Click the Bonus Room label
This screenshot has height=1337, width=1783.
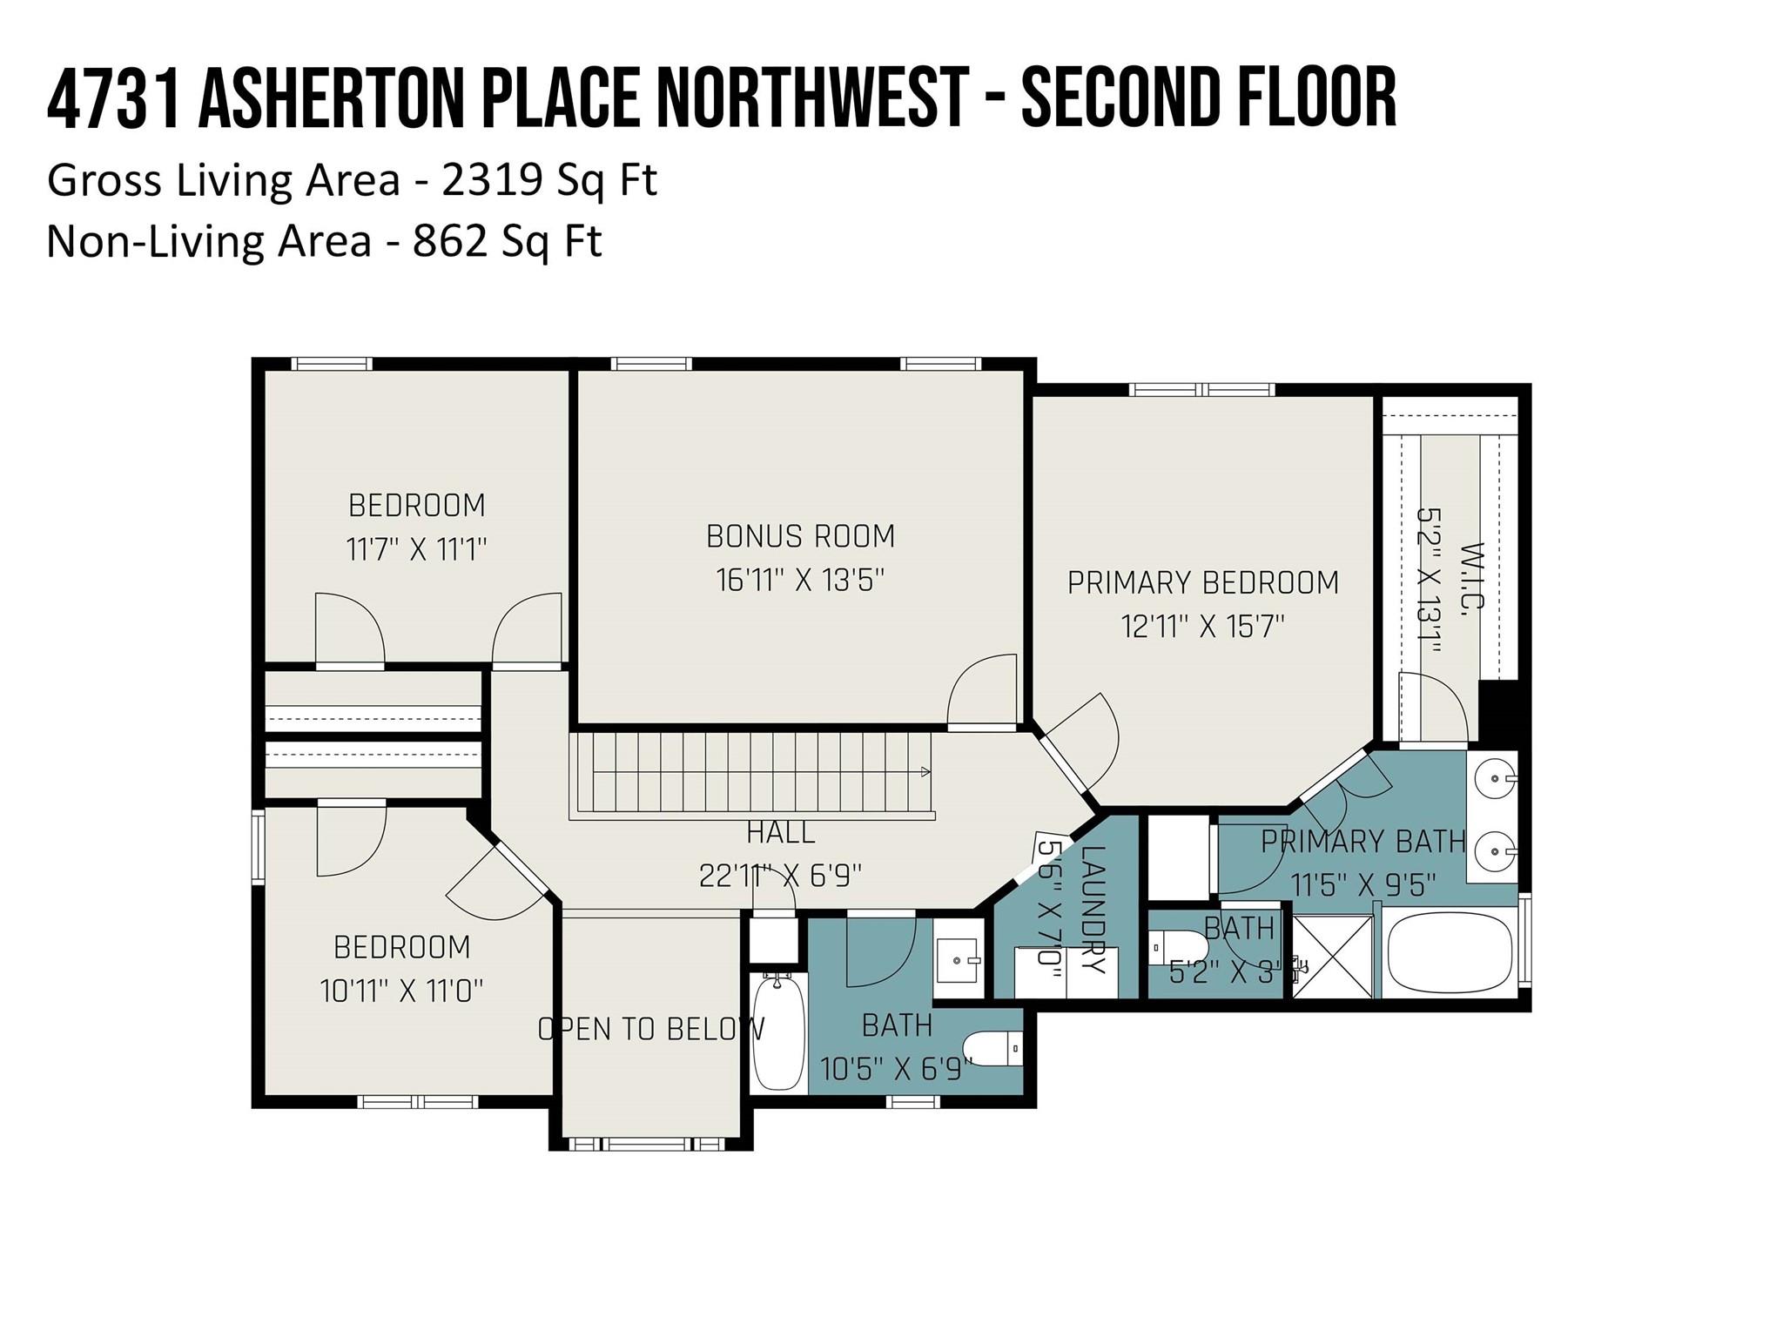(x=800, y=536)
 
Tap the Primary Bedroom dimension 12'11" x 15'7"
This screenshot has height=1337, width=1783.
(x=1203, y=626)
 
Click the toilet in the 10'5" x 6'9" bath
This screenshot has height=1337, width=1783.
(x=992, y=1048)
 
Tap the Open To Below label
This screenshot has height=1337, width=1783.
(x=650, y=1029)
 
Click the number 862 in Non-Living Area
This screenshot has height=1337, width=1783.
(x=450, y=241)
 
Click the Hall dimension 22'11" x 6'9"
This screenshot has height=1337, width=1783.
(x=780, y=875)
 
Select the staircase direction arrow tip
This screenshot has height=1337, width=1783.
(x=926, y=771)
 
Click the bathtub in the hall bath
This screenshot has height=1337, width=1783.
(x=777, y=1032)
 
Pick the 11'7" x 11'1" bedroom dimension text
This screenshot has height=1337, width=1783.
(x=416, y=550)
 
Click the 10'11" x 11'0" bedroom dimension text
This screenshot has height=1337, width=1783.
(x=401, y=991)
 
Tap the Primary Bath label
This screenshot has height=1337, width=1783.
(x=1363, y=842)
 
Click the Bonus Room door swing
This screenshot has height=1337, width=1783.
(x=982, y=689)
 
